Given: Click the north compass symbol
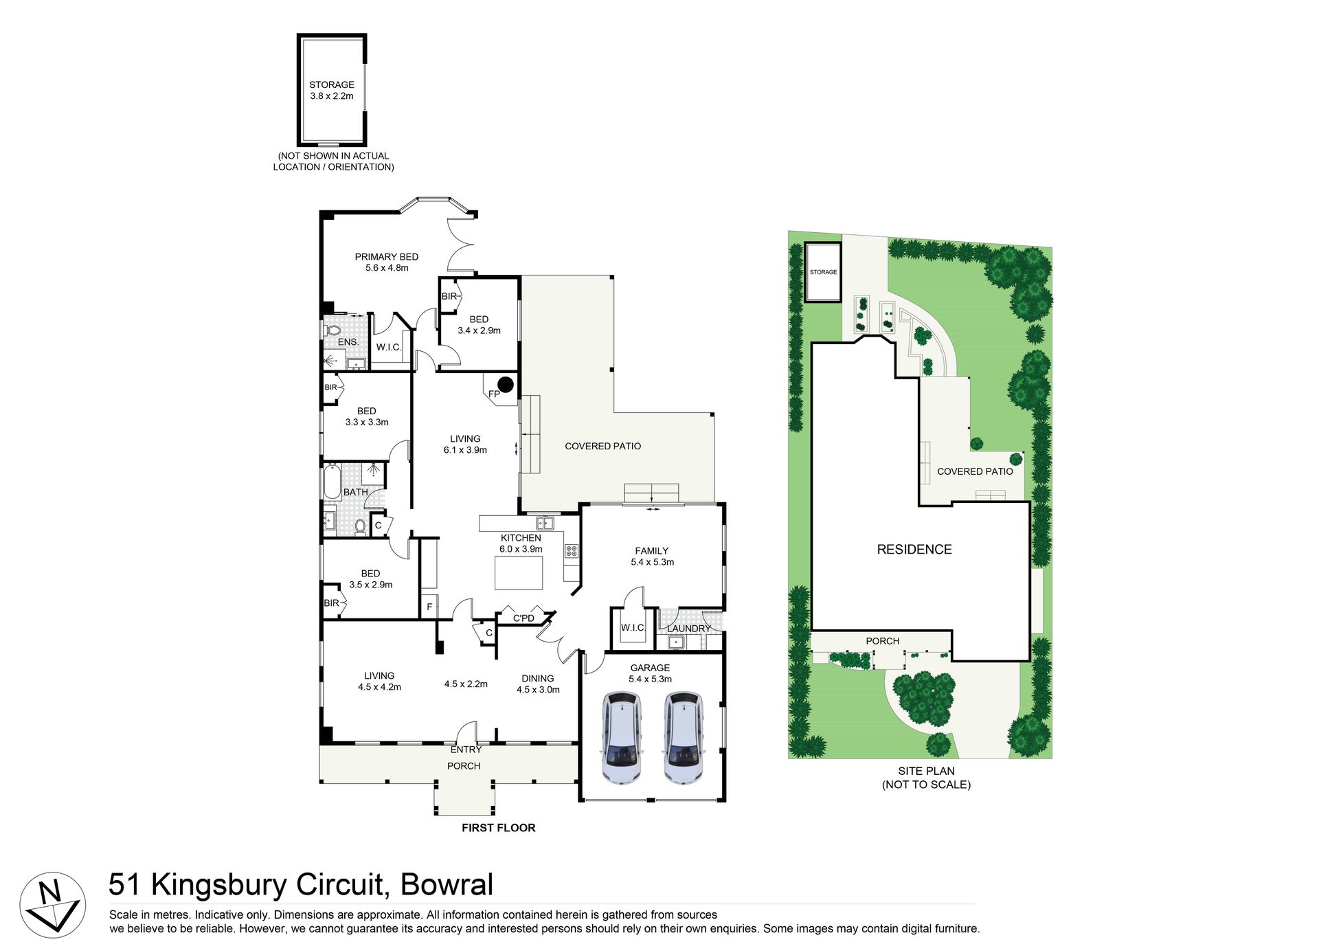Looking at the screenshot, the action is point(52,905).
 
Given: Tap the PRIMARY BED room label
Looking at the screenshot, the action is point(387,257).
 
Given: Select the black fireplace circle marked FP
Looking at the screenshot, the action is point(506,385).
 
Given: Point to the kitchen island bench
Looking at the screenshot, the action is point(519,573).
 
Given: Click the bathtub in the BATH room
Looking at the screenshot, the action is point(332,482).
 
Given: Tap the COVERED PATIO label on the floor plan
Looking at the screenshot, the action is point(603,447).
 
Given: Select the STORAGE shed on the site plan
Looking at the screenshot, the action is point(823,272).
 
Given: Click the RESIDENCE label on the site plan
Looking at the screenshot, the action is point(914,550).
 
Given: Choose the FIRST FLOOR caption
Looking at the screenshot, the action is point(499,828).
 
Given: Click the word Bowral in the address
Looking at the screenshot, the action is point(447,885).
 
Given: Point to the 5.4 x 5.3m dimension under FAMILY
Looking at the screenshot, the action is point(653,562).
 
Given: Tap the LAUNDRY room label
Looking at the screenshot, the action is point(689,629).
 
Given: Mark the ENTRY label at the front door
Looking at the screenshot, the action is point(466,750).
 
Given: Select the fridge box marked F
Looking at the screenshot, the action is point(429,607).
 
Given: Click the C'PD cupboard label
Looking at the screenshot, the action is point(523,618).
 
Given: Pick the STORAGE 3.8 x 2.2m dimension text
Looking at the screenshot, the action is point(332,96).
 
